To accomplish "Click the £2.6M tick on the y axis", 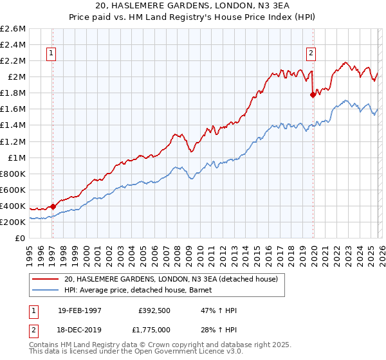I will point(13,29).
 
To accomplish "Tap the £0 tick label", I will point(21,238).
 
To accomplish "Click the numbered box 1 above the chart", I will point(51,54).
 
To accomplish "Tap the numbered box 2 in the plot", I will point(311,54).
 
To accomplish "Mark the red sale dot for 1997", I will point(53,206).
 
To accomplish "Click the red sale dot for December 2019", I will point(313,94).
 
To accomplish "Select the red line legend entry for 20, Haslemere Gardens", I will point(170,279).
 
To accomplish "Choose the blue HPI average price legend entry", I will point(142,291).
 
